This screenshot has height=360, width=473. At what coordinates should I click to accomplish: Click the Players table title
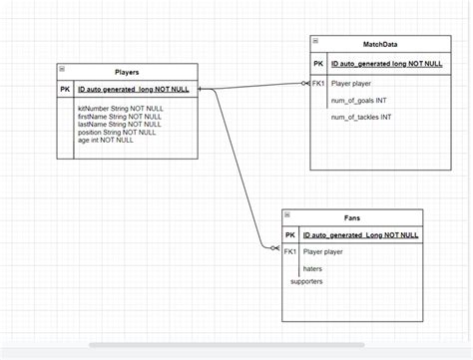point(127,72)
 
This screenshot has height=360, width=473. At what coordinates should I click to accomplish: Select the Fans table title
point(351,217)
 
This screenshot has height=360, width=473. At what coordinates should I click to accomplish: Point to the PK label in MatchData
point(318,63)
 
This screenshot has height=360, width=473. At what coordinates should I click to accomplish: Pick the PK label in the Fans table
point(290,234)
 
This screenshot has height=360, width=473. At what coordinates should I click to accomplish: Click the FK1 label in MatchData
point(318,84)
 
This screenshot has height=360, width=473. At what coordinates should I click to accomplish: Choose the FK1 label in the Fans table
point(290,252)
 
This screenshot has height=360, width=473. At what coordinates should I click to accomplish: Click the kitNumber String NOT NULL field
point(118,108)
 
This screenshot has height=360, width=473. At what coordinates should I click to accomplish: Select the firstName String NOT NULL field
point(118,116)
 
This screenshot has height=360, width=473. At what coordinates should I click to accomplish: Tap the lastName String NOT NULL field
point(118,124)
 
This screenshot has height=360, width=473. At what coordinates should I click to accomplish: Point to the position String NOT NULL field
point(117,132)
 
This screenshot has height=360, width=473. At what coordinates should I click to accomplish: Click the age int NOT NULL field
point(105,140)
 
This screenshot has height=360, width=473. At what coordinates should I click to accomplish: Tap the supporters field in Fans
point(307,282)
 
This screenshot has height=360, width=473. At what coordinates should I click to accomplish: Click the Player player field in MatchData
point(352,84)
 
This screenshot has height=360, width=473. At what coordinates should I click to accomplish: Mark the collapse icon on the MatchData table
point(314,42)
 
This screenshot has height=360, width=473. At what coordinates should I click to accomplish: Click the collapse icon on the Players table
point(62,69)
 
